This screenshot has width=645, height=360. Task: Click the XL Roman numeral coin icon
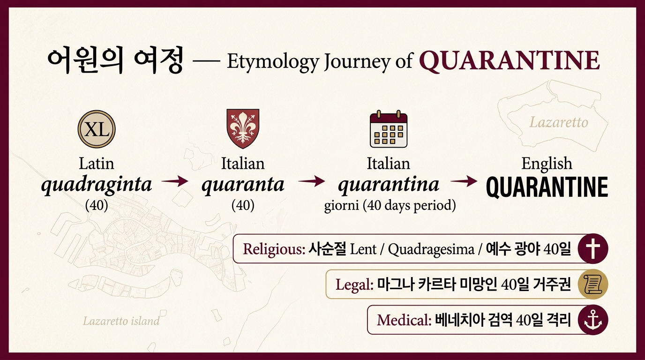(97, 129)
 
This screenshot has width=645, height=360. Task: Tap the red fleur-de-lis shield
(243, 128)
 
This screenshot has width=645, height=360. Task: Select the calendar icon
(389, 129)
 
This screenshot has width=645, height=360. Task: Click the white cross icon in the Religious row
(593, 248)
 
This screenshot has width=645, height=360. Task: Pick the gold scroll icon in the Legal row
(593, 284)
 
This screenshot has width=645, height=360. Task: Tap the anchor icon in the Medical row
(593, 320)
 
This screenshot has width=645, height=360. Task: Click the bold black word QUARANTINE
(547, 187)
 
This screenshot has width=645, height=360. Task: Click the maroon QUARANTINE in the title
(510, 60)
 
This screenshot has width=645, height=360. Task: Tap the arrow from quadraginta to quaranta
(175, 181)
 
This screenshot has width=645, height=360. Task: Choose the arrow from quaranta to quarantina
(312, 181)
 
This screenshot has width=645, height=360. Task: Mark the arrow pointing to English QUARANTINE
(464, 181)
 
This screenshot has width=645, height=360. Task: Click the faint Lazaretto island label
(121, 321)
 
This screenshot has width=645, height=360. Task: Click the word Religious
(274, 249)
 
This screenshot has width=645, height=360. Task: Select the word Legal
(354, 285)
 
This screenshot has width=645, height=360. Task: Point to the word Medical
(404, 320)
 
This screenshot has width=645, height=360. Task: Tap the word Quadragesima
(431, 249)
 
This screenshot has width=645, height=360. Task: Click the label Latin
(97, 164)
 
